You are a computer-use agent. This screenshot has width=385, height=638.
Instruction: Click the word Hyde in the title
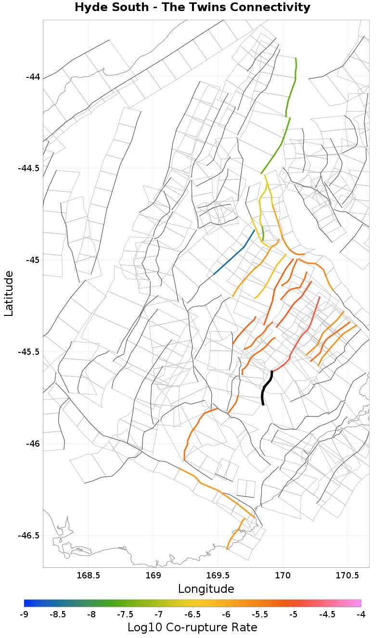(x=90, y=8)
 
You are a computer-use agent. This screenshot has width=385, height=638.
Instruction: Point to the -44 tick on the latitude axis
(x=33, y=76)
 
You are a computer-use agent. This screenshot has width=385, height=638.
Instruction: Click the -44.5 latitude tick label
(x=29, y=168)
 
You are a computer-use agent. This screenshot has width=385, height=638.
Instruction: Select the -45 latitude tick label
(x=33, y=260)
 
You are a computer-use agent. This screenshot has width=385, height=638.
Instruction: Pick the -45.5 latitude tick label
(x=29, y=352)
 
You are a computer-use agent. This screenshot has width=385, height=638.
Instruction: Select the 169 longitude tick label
(x=153, y=575)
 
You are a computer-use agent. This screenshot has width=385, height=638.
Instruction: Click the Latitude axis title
(x=9, y=293)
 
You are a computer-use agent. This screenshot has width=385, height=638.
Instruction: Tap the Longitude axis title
(x=206, y=589)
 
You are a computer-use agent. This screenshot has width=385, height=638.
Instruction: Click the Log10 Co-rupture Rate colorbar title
(x=192, y=627)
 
